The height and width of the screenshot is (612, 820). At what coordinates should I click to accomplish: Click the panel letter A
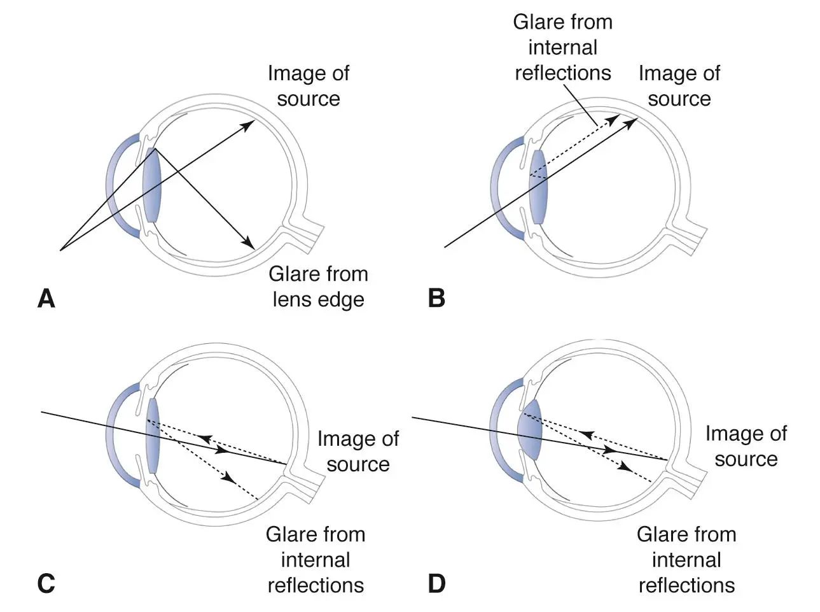coord(46,298)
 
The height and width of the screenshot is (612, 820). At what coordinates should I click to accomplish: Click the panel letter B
coord(436,298)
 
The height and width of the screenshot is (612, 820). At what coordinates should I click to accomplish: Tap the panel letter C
coord(46,583)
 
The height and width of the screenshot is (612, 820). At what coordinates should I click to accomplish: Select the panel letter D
coord(436,583)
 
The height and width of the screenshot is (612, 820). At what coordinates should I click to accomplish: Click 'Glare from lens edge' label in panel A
coord(318,287)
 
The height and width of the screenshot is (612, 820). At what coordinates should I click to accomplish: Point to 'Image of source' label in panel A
coord(308,86)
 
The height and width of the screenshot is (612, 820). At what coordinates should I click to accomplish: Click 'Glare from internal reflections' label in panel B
coord(562,48)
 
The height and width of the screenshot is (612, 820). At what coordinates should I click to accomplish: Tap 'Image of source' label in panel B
coord(679,86)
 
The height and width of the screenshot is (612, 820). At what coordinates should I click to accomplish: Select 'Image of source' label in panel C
coord(358,451)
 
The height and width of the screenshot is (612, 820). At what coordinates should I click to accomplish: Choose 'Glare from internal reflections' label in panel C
coord(316,560)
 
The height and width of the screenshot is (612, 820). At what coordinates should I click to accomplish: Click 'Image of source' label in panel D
coord(746,446)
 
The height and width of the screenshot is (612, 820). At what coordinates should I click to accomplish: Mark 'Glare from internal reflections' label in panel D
coord(686,560)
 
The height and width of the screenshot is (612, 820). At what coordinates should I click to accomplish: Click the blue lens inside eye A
coord(152,185)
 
